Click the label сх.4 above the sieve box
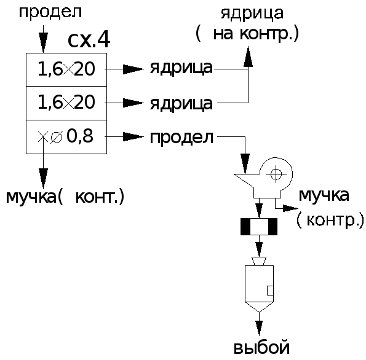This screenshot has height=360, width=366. coord(89,41)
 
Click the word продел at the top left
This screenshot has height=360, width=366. coord(50,12)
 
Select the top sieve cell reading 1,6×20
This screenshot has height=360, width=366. coord(66,69)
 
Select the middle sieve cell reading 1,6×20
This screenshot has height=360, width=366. coord(66,103)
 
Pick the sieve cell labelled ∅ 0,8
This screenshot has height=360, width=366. coord(66,137)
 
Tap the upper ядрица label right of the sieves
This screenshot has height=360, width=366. coord(181,69)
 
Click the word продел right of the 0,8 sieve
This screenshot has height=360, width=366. coord(181,138)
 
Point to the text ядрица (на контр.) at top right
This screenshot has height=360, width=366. coord(247,24)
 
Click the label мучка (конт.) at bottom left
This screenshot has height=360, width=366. coord(65,197)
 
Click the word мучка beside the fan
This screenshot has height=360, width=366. coord(324,195)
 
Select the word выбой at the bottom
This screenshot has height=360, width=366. coord(261,348)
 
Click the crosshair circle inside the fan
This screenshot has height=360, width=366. coord(276,174)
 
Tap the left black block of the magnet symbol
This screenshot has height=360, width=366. coord(245,227)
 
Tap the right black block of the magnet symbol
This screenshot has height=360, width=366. coord(273,227)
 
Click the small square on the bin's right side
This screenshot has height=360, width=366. coord(270,291)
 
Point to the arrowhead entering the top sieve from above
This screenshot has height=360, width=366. coord(44,42)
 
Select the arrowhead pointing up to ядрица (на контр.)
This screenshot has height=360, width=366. coord(248,57)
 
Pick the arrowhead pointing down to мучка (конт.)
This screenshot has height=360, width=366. coord(44,178)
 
